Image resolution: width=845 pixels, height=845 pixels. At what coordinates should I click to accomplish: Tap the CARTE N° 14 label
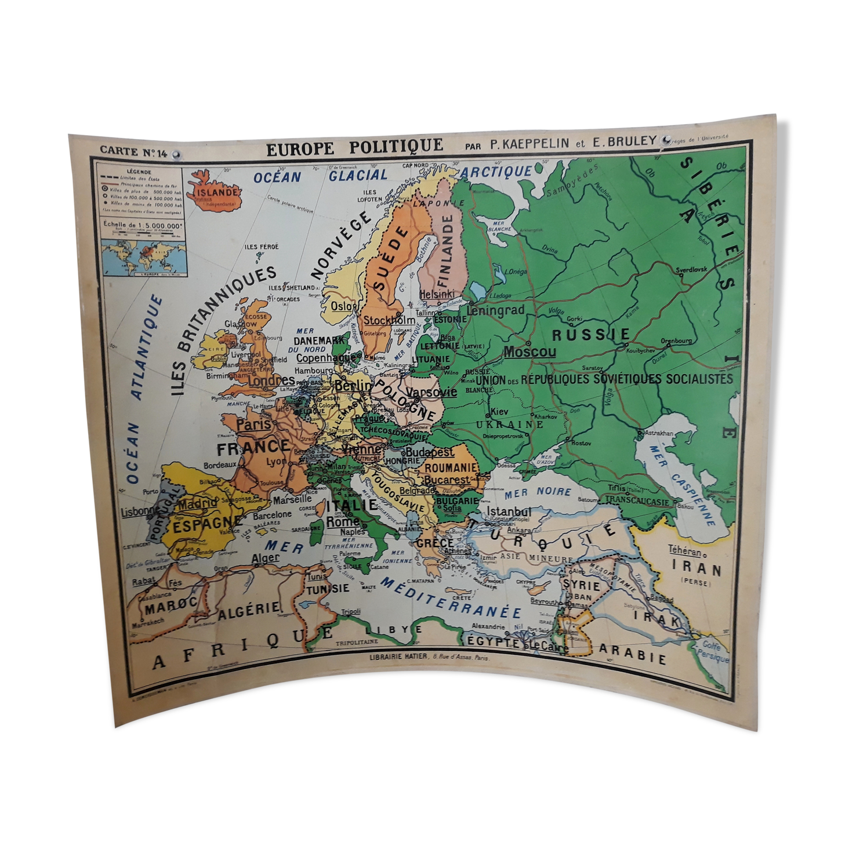(133, 151)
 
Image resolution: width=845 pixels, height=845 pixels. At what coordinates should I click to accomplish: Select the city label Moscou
(529, 351)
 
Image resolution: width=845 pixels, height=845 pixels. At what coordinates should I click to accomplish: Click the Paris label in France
(253, 424)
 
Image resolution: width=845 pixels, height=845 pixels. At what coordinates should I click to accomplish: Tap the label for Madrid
(197, 504)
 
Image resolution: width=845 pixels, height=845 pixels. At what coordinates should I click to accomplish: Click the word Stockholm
(389, 320)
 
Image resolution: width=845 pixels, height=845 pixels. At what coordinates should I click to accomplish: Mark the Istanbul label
(508, 512)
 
